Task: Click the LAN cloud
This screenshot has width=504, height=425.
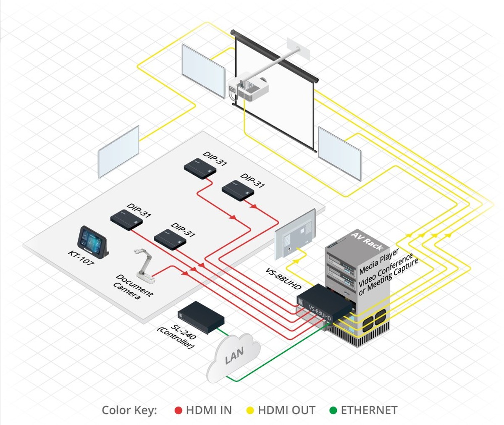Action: pyautogui.click(x=234, y=357)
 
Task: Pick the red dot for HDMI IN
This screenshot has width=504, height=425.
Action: pyautogui.click(x=178, y=410)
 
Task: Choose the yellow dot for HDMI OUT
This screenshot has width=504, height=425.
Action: pyautogui.click(x=250, y=410)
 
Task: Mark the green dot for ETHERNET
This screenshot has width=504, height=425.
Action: pyautogui.click(x=333, y=410)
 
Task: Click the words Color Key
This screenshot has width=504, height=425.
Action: pyautogui.click(x=129, y=410)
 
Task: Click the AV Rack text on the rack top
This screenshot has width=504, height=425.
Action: pyautogui.click(x=367, y=242)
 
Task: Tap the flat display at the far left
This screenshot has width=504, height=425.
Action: pyautogui.click(x=118, y=152)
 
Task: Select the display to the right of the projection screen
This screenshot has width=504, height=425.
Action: pyautogui.click(x=339, y=153)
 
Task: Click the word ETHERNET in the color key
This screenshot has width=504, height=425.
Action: pyautogui.click(x=369, y=410)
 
